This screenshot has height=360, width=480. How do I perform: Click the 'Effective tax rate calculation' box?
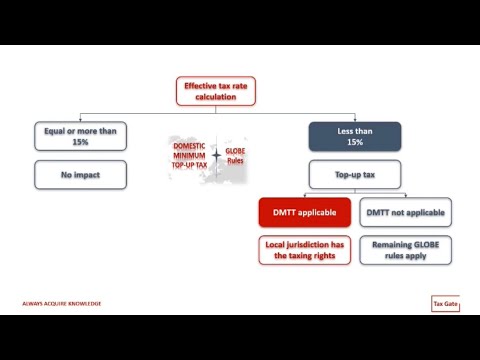pyautogui.click(x=213, y=93)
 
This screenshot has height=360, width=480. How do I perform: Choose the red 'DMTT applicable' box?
pyautogui.click(x=305, y=211)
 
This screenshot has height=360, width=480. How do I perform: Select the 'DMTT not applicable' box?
pyautogui.click(x=404, y=211)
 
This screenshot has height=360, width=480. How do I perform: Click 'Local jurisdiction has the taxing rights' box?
pyautogui.click(x=305, y=251)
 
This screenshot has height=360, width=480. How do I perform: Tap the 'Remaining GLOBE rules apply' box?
pyautogui.click(x=404, y=251)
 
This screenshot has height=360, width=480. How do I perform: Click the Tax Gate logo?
pyautogui.click(x=444, y=303)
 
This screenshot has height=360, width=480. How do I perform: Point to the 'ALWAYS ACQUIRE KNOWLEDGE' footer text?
pyautogui.click(x=61, y=303)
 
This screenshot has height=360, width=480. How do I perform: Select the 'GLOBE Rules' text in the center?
pyautogui.click(x=236, y=156)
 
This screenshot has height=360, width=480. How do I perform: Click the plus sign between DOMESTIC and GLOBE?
pyautogui.click(x=216, y=156)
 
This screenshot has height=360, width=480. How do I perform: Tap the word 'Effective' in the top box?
pyautogui.click(x=201, y=87)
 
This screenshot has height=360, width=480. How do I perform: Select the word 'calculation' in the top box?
pyautogui.click(x=213, y=99)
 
